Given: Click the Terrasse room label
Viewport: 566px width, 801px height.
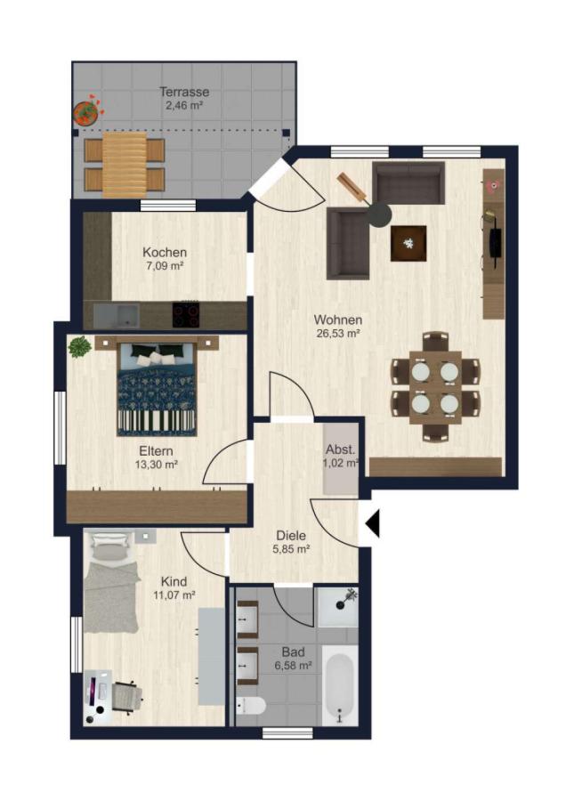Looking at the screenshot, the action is pos(184,92).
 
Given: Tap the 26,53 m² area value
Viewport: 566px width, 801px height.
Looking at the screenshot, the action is pos(338,334).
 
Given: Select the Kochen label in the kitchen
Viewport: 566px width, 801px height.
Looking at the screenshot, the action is pos(165,253).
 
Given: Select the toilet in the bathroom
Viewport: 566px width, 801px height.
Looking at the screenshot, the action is pos(251,707).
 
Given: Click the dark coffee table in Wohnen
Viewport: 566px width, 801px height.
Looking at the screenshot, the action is pos(408,243).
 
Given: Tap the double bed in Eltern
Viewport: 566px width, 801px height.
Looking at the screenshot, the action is pos(157,389).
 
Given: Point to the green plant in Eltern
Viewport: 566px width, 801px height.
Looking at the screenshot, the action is pos(80,347).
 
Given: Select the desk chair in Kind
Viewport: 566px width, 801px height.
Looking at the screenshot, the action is pos(125,695).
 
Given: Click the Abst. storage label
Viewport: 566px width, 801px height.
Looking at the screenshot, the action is pos(341,450).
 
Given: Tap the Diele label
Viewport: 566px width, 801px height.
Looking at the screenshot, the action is pos(291,536).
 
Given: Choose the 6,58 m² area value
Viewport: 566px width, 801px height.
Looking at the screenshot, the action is pos(293,666).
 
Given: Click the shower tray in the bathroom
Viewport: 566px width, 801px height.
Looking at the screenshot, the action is pos(337,607).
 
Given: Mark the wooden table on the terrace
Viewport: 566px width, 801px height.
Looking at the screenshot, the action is pos(125,165).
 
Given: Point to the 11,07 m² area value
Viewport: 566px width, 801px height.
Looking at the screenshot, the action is pos(174,595).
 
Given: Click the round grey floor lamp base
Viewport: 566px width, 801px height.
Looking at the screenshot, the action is pos(380,214).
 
